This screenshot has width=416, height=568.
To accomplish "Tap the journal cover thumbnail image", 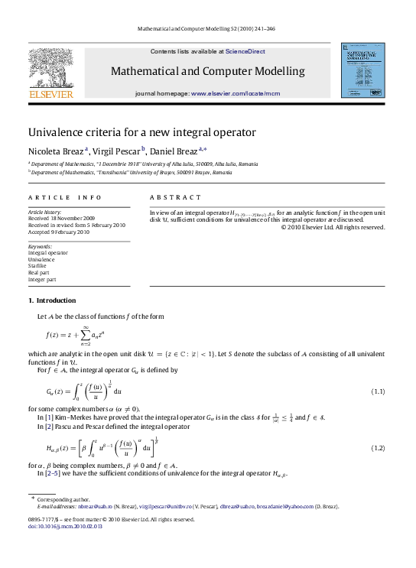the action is coord(362,70).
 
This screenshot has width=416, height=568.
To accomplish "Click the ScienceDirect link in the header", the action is coord(245,51).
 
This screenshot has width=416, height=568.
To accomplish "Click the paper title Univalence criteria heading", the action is coord(141,132).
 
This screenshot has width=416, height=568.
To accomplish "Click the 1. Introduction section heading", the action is coord(52,300).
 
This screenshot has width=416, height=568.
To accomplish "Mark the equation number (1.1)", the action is coord(377,391).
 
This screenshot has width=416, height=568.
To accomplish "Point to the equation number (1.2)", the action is coord(377,447).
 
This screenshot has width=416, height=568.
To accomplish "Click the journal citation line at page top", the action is coord(206,28).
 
